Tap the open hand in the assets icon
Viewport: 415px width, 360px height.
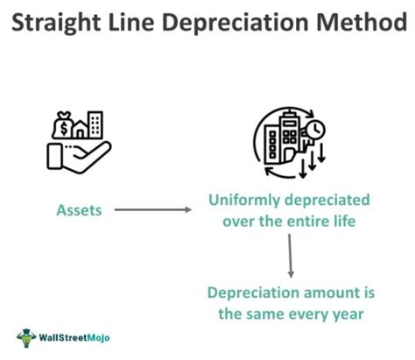tap(74, 157)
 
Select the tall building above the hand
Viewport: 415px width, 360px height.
tap(95, 126)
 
